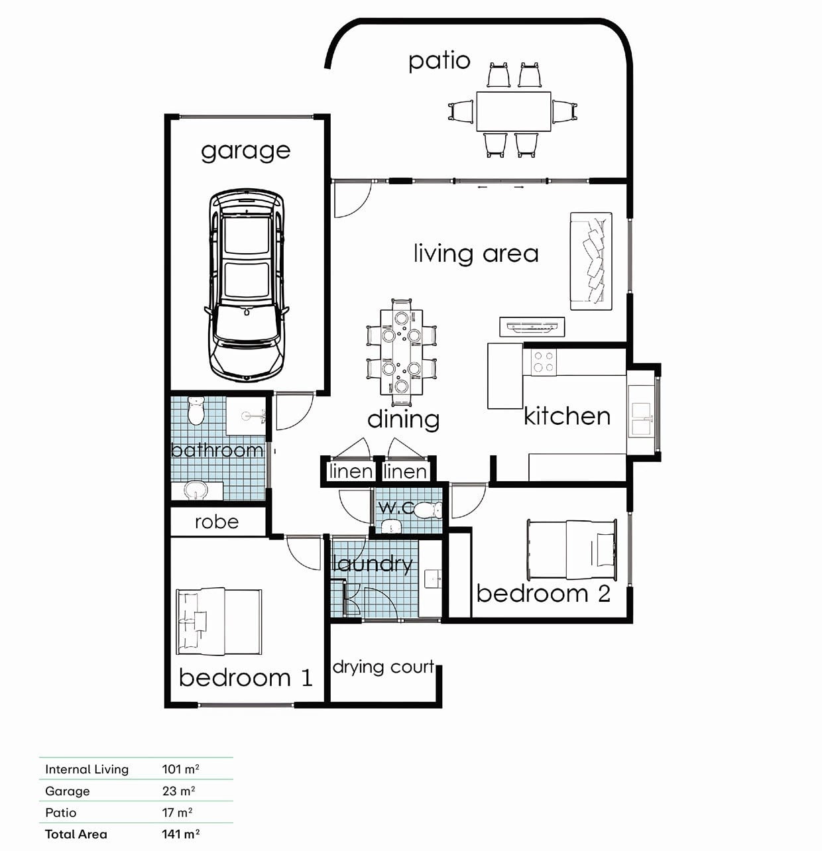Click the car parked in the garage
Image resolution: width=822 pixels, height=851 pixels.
click(247, 286)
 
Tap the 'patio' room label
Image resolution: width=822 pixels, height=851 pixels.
click(440, 61)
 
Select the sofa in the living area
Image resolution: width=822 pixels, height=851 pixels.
click(591, 261)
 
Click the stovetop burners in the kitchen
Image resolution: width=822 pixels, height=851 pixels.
click(544, 362)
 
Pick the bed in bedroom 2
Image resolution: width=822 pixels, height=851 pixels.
click(572, 549)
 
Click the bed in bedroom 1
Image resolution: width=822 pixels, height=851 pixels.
click(219, 621)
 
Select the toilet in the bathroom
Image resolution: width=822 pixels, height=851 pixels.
click(196, 410)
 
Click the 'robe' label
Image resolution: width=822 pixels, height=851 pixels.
click(217, 522)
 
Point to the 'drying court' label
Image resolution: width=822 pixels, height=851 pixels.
click(384, 667)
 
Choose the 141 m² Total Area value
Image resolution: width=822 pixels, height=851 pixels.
click(181, 834)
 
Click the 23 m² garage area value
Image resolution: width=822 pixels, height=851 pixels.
click(178, 791)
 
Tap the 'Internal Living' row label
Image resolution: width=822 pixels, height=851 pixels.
click(87, 769)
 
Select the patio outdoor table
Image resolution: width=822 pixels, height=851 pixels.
click(514, 111)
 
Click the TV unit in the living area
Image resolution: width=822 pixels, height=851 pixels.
click(532, 327)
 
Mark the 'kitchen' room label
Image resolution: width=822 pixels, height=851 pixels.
click(567, 416)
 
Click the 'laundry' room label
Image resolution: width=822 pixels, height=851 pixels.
click(373, 565)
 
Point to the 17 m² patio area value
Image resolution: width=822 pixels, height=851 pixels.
click(177, 813)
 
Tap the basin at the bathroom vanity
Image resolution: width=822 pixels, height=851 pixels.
click(195, 490)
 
